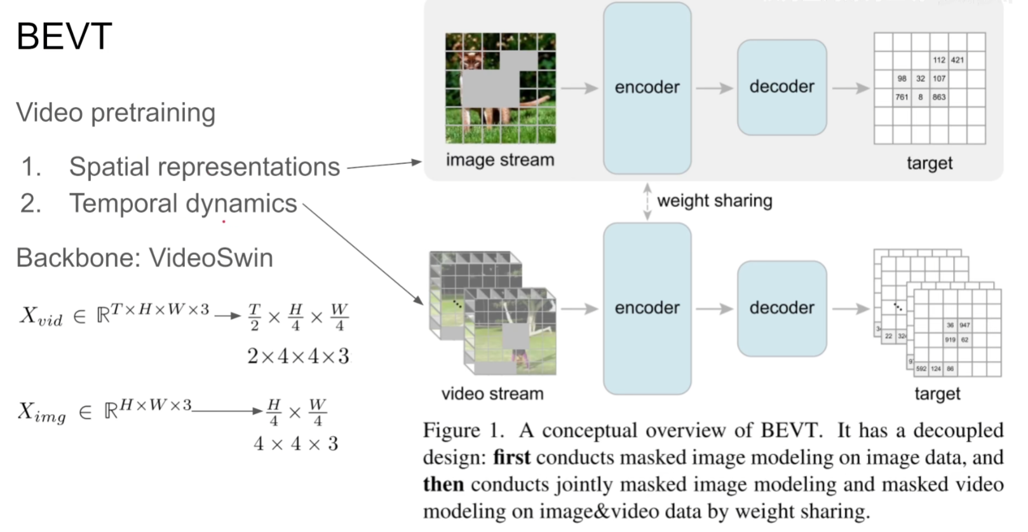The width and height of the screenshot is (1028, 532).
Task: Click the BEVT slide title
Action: point(64,36)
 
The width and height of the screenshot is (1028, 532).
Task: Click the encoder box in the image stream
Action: point(647,88)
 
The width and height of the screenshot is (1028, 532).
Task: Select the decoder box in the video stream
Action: point(781,308)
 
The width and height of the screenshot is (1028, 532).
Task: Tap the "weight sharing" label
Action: point(714,201)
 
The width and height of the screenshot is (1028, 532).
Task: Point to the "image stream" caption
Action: point(500,160)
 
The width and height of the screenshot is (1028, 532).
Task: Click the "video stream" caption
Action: point(492,394)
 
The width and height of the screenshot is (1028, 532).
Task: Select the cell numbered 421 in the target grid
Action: point(957,60)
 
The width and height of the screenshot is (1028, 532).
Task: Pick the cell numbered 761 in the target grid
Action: point(902,97)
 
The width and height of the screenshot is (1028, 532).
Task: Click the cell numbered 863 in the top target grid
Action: point(939,97)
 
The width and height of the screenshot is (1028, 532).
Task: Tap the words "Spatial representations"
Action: point(204,167)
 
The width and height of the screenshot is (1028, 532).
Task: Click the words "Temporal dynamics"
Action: point(183,204)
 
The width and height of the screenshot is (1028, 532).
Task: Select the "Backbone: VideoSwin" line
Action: point(144,258)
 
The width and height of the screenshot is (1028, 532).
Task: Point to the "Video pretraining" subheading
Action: point(116,113)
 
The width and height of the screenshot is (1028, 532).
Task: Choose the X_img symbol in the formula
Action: point(41,413)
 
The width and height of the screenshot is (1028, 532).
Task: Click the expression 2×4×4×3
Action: point(298,357)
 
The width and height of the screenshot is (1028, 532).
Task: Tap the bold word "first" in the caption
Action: point(511,458)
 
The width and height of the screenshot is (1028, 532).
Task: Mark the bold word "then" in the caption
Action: point(443,484)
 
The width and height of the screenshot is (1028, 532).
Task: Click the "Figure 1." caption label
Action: point(463,430)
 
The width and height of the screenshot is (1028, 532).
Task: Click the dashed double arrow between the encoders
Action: point(647,201)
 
